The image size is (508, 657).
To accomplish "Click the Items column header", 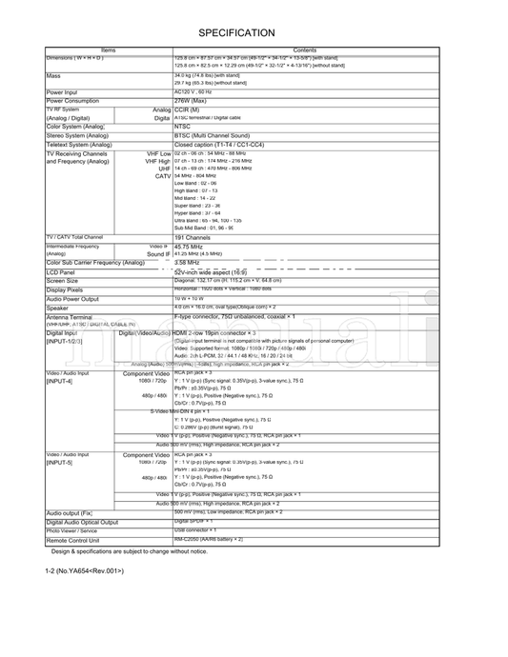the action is click(x=108, y=50).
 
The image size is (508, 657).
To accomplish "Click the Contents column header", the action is click(x=305, y=50).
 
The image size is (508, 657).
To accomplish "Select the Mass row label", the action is click(x=54, y=75).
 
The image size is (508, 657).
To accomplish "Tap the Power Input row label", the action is click(x=62, y=92).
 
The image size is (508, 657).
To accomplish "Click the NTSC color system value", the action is click(x=183, y=126).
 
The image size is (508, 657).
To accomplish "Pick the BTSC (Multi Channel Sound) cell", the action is click(x=212, y=135).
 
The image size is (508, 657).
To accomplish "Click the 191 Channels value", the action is click(x=193, y=237).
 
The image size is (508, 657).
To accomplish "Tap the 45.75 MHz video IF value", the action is click(x=189, y=246).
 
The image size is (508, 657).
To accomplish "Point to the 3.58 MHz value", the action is click(x=187, y=263).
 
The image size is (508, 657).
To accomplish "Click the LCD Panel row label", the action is click(x=61, y=272).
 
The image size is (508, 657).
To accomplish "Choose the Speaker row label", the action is click(x=58, y=308).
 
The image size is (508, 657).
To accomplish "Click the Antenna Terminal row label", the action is click(x=69, y=316).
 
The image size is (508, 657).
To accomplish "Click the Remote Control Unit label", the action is click(x=73, y=540).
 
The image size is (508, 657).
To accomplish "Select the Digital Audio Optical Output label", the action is click(x=82, y=522).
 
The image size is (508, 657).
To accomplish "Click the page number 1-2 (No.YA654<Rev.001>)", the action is click(x=85, y=570).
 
